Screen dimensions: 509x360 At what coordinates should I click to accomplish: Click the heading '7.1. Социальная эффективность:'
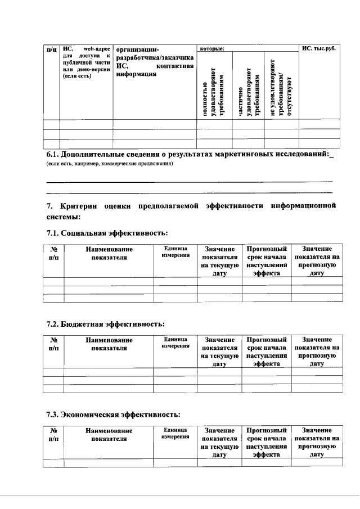pos(107,232)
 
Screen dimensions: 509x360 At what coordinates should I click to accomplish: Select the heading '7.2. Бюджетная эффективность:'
pos(105,324)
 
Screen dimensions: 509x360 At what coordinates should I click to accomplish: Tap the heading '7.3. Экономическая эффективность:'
pos(113,415)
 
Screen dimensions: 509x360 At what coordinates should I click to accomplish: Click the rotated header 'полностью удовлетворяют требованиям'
pos(213,92)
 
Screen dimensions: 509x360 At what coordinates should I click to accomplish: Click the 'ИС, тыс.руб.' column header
pos(318,49)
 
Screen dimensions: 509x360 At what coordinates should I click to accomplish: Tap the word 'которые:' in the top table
pos(211,49)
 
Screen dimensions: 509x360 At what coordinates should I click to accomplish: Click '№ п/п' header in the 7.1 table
pos(54,253)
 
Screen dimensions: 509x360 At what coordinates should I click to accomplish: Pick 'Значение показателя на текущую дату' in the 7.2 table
pos(219,352)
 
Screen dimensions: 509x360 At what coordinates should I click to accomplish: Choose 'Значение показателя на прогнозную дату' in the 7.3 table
pos(316,442)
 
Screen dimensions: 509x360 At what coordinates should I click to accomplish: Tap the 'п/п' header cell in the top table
pos(52,49)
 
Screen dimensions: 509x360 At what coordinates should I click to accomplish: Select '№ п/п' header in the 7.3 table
pos(54,434)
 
